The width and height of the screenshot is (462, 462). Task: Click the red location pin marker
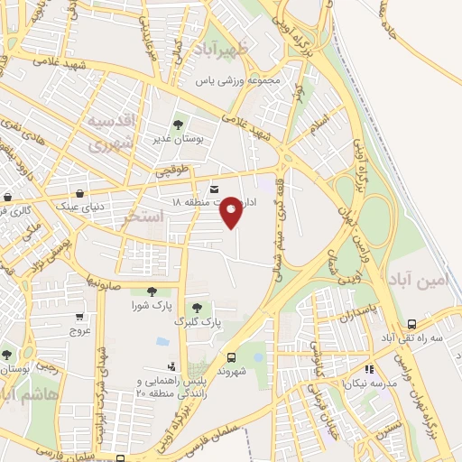pos(232,211)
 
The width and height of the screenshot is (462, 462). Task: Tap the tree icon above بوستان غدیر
pos(178,125)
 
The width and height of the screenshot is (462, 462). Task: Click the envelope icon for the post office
pos(214,189)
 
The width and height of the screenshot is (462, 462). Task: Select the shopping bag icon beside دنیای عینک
pos(81,193)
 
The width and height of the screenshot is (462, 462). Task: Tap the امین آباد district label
pos(420,282)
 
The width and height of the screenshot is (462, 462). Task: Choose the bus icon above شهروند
pos(231,356)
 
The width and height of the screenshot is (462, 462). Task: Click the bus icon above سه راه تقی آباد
pos(411,324)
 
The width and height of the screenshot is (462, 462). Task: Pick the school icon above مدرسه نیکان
pos(368,368)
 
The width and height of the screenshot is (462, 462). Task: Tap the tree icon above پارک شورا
pos(151,291)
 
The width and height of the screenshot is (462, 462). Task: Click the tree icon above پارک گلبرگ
pos(197,308)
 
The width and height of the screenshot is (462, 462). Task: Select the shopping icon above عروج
pos(80,317)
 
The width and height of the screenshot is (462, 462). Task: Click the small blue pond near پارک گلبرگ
pos(162,342)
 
